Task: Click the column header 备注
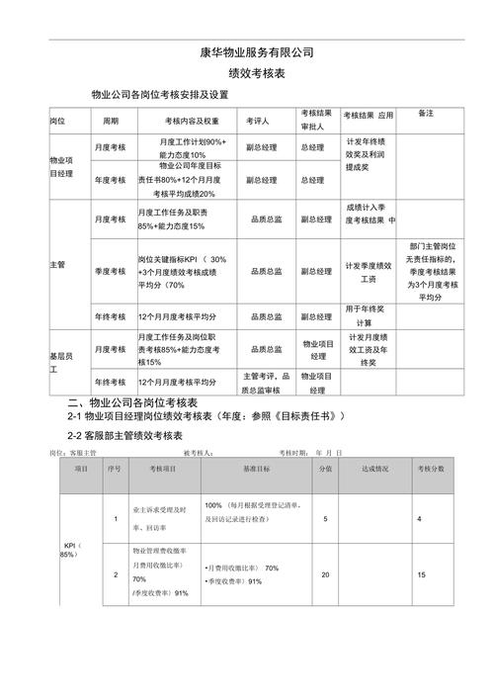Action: (426, 114)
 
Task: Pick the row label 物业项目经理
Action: (61, 165)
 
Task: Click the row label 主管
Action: (56, 266)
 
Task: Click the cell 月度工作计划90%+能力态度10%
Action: (183, 148)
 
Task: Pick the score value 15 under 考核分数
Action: (421, 574)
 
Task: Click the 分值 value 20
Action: (326, 574)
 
